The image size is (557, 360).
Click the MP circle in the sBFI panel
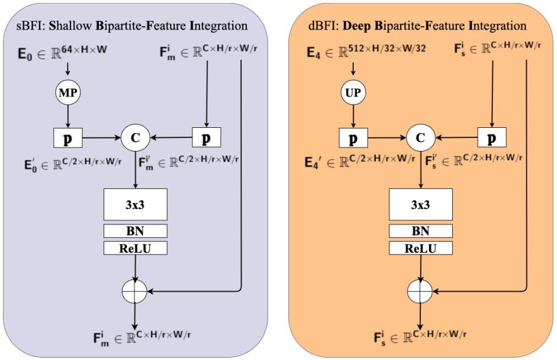[67, 94]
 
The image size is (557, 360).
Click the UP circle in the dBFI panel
[353, 94]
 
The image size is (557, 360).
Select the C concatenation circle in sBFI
[136, 139]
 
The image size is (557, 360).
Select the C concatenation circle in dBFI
[421, 139]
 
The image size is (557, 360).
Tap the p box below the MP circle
[67, 139]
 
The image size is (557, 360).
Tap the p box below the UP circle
[353, 139]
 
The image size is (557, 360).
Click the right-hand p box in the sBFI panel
[206, 139]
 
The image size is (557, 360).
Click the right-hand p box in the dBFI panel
[491, 139]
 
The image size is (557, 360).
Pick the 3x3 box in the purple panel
[136, 204]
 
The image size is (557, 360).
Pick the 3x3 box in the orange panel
[421, 204]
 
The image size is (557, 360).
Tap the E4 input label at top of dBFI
[314, 53]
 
